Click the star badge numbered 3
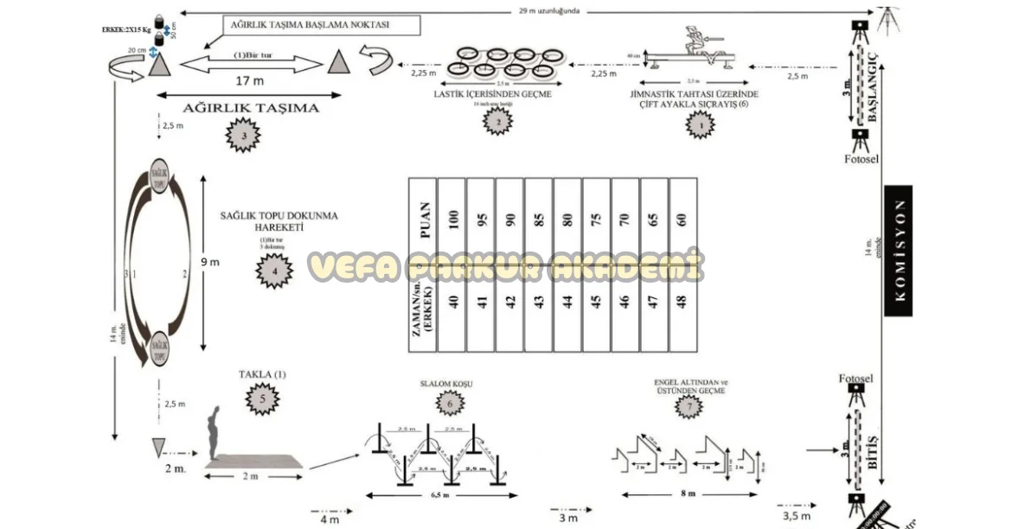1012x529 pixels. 245,136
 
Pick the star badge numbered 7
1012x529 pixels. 689,406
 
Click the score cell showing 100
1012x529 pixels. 452,220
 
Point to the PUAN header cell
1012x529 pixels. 423,220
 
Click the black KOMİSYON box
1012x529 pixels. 900,250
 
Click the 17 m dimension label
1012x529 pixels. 249,80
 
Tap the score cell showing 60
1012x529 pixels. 683,220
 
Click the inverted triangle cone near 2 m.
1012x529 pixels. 157,447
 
